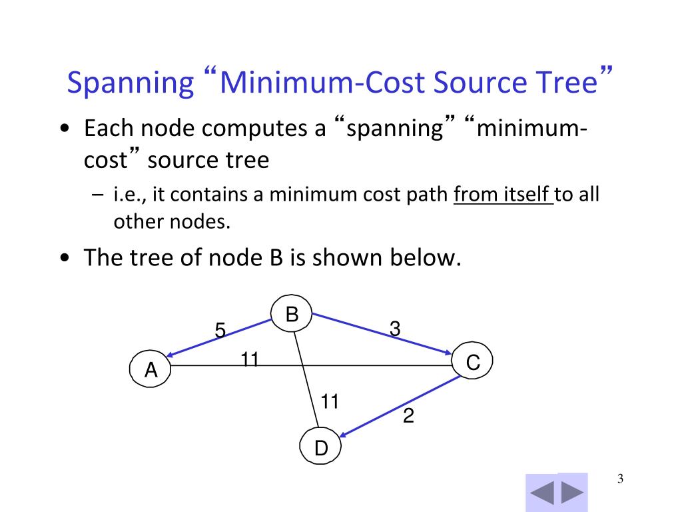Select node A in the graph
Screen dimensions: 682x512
point(151,369)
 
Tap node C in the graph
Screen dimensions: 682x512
point(473,363)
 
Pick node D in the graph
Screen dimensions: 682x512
point(321,448)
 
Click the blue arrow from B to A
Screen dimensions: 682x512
point(220,338)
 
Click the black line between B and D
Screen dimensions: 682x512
point(308,380)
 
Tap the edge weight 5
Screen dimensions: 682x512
point(220,330)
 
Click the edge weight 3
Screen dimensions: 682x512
point(395,328)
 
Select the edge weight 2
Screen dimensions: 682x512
point(408,417)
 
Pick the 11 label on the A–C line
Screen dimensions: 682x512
point(250,359)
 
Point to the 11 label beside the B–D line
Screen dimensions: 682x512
point(330,401)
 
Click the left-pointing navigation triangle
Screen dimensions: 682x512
point(542,493)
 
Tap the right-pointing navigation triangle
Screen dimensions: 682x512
point(572,493)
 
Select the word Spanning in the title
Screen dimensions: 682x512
point(130,83)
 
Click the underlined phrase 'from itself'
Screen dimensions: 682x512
point(504,195)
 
